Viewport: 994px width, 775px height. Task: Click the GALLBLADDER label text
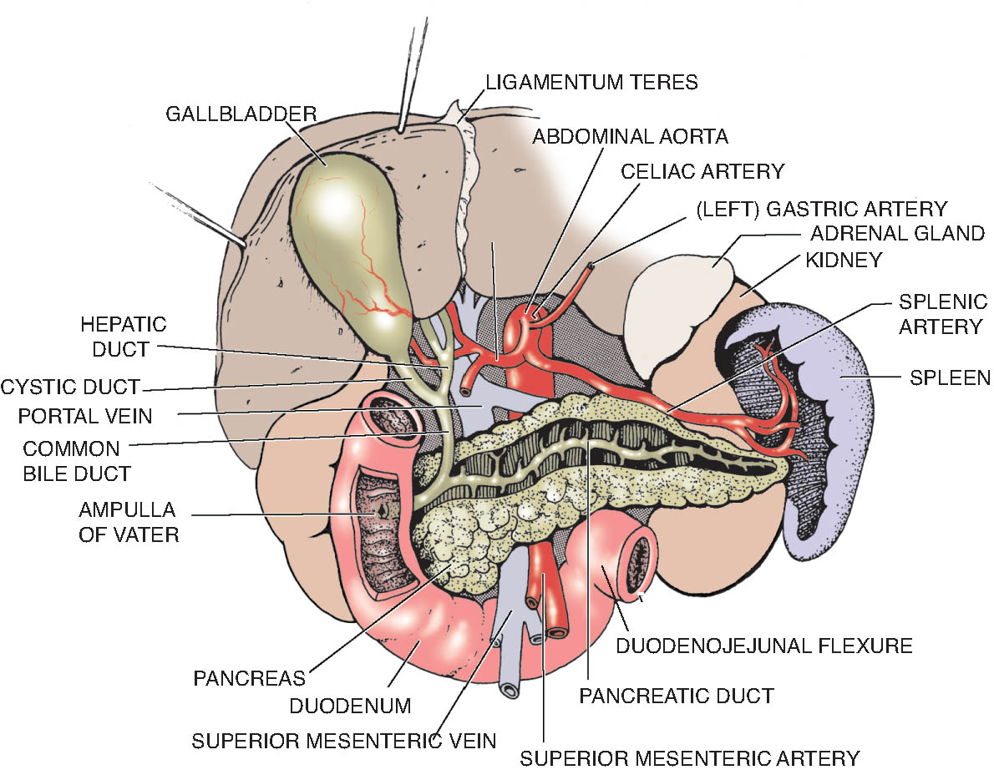[x=241, y=114]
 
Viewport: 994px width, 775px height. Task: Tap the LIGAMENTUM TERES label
[x=591, y=83]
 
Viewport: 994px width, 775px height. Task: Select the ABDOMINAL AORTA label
[x=630, y=136]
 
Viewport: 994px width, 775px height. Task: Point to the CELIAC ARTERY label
[x=702, y=171]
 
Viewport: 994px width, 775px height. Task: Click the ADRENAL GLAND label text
[x=897, y=233]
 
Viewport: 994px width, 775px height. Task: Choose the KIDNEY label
[x=844, y=260]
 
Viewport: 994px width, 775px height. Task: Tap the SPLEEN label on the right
[x=950, y=377]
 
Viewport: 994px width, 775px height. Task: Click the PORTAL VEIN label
[x=85, y=416]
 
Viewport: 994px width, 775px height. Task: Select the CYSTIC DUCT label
[x=69, y=387]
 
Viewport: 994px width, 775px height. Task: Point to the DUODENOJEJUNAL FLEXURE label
[x=764, y=646]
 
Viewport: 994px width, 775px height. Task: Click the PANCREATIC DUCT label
[x=677, y=696]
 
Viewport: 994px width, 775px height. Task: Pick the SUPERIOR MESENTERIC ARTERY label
[x=689, y=758]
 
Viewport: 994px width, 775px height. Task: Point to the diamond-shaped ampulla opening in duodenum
[x=383, y=512]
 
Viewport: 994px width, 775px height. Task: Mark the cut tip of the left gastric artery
[x=591, y=266]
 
